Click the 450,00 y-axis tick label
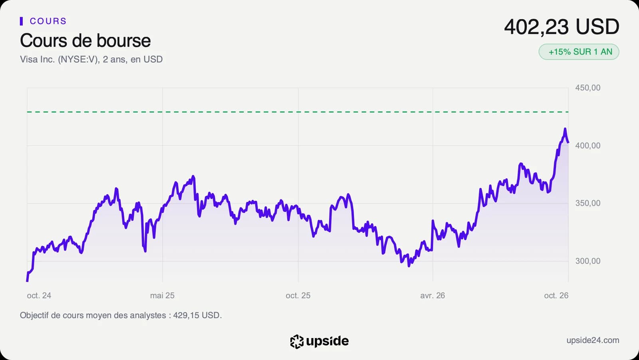587,88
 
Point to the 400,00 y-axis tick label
587,145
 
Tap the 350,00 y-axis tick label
587,203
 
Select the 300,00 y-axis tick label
587,261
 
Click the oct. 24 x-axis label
39,296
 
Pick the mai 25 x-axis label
162,296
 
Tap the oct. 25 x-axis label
298,296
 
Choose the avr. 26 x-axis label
433,296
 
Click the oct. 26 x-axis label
556,296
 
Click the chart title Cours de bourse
85,40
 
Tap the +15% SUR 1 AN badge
579,52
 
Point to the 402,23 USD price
562,27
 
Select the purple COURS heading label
48,21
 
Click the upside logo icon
297,342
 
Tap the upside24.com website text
593,340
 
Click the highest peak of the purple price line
565,129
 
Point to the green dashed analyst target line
298,112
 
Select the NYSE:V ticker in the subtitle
77,60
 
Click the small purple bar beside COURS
22,21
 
